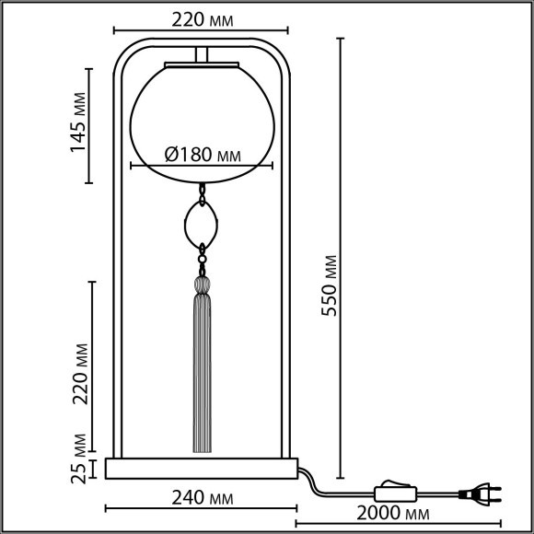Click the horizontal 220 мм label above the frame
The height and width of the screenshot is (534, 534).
click(x=203, y=19)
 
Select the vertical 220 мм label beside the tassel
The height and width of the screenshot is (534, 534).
click(x=80, y=374)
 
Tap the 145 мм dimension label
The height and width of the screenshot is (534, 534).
click(x=77, y=122)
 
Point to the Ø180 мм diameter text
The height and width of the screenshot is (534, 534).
click(x=203, y=155)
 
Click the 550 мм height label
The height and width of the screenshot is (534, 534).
click(x=329, y=285)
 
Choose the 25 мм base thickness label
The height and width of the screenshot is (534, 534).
click(x=78, y=459)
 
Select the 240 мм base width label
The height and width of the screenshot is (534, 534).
click(x=203, y=498)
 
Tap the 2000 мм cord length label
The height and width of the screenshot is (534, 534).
click(x=392, y=513)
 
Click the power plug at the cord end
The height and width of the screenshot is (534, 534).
click(x=480, y=493)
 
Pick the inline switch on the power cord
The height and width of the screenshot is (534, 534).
click(x=395, y=492)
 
